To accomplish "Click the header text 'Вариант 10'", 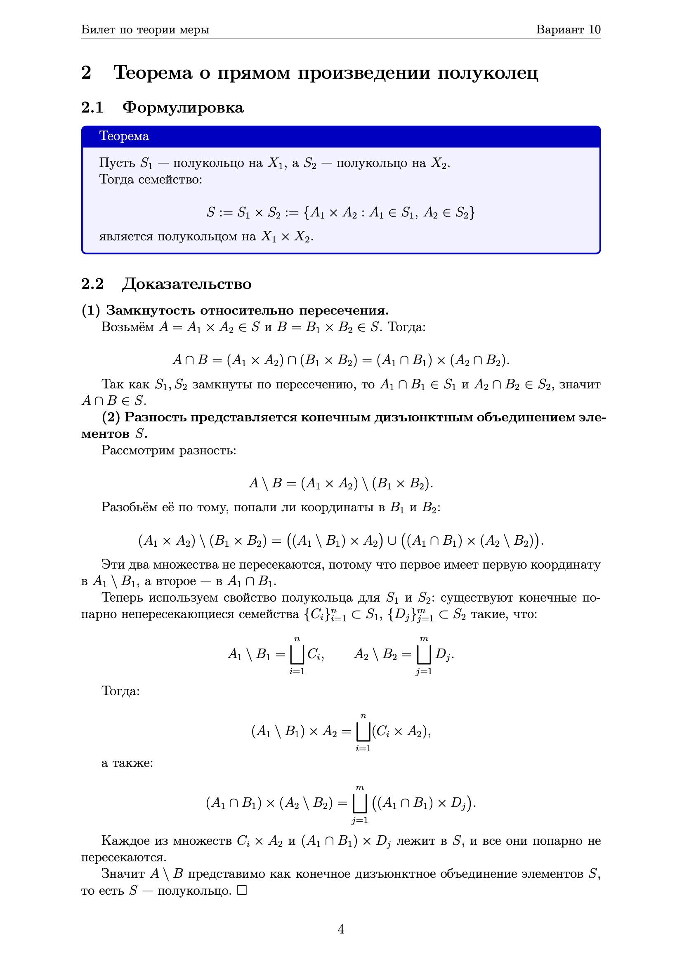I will click(x=568, y=29).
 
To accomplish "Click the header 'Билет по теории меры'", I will click(x=145, y=29).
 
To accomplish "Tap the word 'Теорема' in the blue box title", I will click(x=124, y=136).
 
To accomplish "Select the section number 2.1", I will click(x=92, y=108).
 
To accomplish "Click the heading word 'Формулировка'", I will click(x=183, y=108).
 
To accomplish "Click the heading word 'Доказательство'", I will click(x=186, y=284).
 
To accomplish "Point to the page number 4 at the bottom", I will click(x=341, y=929).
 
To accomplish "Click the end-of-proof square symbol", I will click(x=242, y=890).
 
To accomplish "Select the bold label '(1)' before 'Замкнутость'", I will click(x=91, y=310).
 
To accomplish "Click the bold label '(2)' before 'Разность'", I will click(x=111, y=417).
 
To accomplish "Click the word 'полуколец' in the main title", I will click(x=487, y=73).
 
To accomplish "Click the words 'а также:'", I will click(x=127, y=763).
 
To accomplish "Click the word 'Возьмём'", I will click(x=128, y=327).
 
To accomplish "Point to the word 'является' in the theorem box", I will click(x=126, y=237).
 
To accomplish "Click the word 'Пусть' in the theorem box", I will click(x=117, y=163).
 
